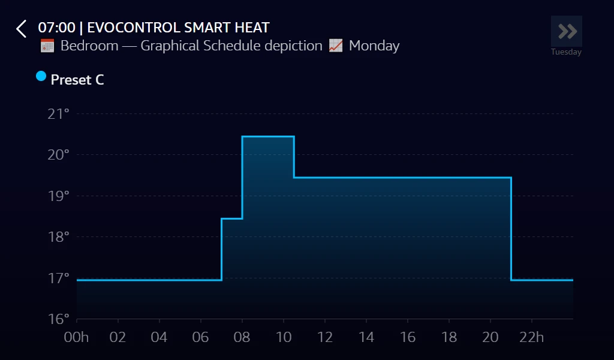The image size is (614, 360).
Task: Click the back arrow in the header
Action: [x=22, y=29]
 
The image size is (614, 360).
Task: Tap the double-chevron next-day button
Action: [x=567, y=31]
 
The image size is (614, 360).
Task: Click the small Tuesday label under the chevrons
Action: [x=566, y=52]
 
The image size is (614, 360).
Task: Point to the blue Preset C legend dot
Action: [x=41, y=76]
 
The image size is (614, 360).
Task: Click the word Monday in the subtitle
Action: [x=374, y=46]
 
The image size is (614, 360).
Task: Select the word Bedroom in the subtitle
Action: [x=89, y=46]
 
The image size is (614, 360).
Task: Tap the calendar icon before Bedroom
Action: [x=47, y=46]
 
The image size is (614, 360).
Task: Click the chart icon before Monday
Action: [x=336, y=46]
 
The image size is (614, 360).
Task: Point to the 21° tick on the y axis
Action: [x=59, y=113]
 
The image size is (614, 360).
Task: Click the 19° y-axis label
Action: [x=59, y=196]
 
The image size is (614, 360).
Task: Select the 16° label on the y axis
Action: [x=59, y=319]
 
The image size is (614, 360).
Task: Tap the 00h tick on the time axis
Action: [x=76, y=337]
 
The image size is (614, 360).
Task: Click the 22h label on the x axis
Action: [x=532, y=337]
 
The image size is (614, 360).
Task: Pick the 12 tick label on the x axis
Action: [x=324, y=337]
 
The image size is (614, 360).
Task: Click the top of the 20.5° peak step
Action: [x=268, y=137]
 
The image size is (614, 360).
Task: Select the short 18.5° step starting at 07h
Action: [x=232, y=219]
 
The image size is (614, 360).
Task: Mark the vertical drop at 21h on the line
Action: [x=511, y=228]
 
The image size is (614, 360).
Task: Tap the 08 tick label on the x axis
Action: [x=242, y=337]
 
